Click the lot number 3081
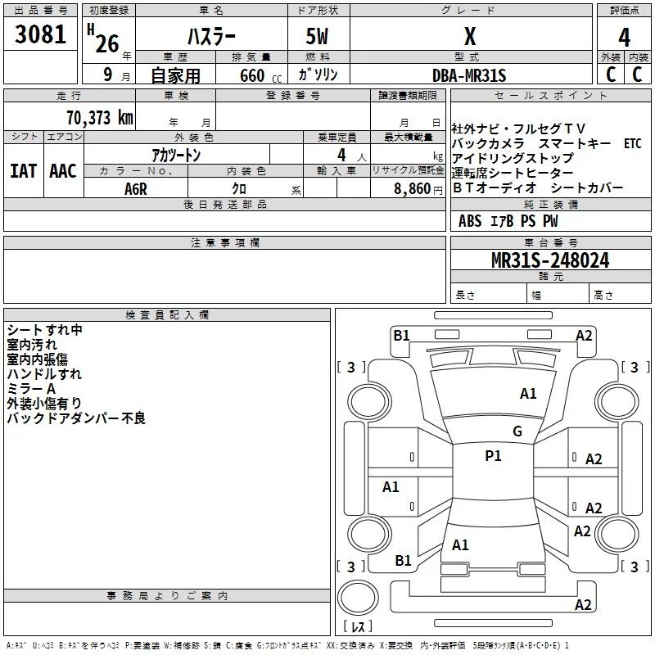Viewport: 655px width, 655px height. (x=40, y=34)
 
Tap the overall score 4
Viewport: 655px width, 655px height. (x=624, y=38)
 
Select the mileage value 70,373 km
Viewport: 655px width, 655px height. (x=100, y=118)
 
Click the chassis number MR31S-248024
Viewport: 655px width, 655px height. (x=550, y=260)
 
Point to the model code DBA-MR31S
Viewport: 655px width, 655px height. (x=469, y=75)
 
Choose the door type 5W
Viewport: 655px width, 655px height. (x=317, y=36)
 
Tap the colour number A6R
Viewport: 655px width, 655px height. (x=136, y=189)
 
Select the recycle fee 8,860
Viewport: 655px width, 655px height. (x=412, y=189)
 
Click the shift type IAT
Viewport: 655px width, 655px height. (x=24, y=171)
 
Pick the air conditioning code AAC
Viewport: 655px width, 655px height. (x=63, y=171)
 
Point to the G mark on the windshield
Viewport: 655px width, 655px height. (x=517, y=431)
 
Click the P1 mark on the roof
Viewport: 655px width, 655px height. (x=493, y=455)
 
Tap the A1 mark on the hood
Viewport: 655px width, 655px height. (x=528, y=393)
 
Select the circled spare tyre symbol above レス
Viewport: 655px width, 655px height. (x=358, y=597)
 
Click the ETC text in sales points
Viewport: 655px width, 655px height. (x=632, y=144)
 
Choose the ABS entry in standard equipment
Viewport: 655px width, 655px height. (x=470, y=221)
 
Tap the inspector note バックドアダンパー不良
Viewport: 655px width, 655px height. (x=76, y=418)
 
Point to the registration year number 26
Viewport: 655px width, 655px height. (x=107, y=44)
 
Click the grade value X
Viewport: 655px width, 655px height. (x=470, y=37)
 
